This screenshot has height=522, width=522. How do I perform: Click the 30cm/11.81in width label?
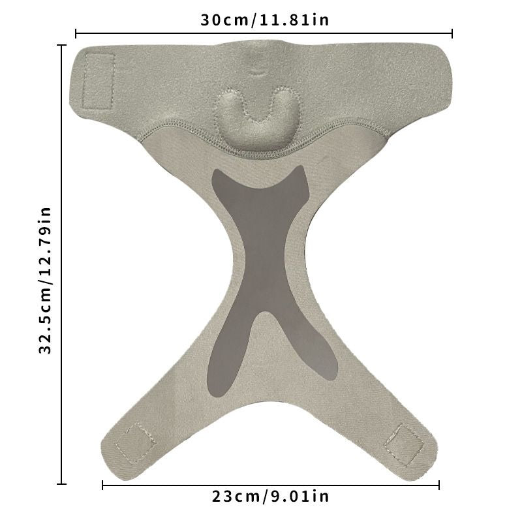265,20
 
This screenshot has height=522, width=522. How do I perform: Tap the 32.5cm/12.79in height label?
45,281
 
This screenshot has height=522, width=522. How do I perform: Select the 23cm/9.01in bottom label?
270,497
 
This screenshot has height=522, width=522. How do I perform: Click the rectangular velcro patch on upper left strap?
98,81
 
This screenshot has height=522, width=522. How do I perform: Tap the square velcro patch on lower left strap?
136,443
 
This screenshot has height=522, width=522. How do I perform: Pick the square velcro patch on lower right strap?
404,444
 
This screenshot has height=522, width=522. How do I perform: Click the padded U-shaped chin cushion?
257,118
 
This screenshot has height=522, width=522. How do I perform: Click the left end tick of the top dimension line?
76,34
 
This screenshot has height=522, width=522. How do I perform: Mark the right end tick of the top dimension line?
452,34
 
